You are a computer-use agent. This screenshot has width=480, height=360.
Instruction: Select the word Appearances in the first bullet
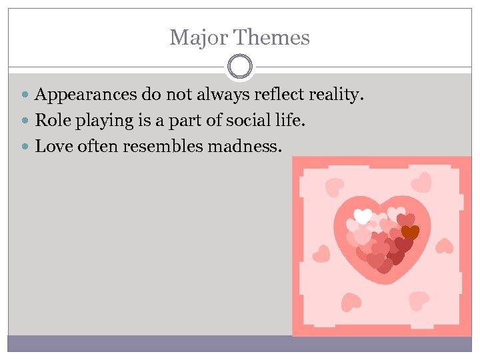coord(82,95)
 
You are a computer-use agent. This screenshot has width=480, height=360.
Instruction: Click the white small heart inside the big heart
coord(363,216)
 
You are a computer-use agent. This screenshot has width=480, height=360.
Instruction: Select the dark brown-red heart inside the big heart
coord(410,232)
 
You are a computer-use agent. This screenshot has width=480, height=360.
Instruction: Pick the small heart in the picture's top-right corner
coord(421,181)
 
